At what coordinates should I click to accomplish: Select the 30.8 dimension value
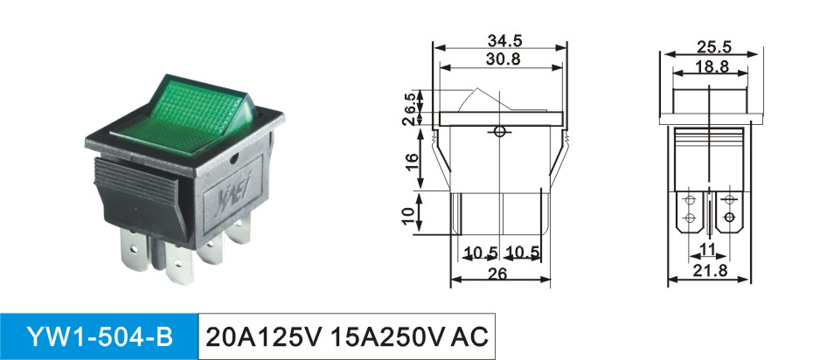point(503,59)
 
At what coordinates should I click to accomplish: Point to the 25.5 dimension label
point(713,47)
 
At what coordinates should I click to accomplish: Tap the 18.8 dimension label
point(712,66)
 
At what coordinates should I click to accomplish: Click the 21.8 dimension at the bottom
point(712,270)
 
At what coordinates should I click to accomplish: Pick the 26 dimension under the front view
point(497,273)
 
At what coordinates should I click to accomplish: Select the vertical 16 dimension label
point(411,163)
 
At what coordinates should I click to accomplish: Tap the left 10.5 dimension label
point(482,253)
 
